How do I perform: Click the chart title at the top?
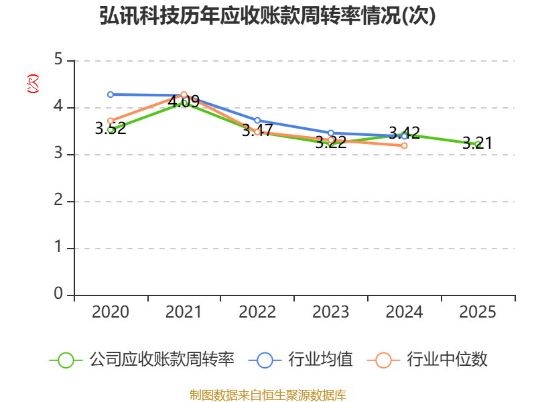click(x=268, y=16)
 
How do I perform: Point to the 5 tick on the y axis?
click(x=58, y=60)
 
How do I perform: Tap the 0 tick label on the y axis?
click(x=58, y=295)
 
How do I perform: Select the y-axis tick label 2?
click(x=58, y=201)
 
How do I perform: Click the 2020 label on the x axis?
click(x=111, y=312)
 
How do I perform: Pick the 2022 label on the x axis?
click(x=257, y=312)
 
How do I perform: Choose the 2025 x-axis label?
click(x=478, y=312)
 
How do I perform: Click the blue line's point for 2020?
click(x=111, y=94)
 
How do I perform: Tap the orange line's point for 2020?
click(x=111, y=121)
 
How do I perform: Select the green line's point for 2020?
click(x=111, y=129)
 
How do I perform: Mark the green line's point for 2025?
click(x=478, y=144)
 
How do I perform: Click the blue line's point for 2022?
click(x=257, y=121)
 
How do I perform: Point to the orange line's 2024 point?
click(x=404, y=145)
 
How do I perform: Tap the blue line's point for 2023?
click(x=331, y=133)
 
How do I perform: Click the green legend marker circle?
click(x=66, y=360)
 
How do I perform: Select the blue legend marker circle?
click(x=265, y=360)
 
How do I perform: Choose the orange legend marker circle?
click(x=383, y=360)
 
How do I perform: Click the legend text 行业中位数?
click(x=447, y=360)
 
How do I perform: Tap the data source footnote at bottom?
click(x=268, y=395)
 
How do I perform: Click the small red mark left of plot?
click(x=32, y=84)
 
